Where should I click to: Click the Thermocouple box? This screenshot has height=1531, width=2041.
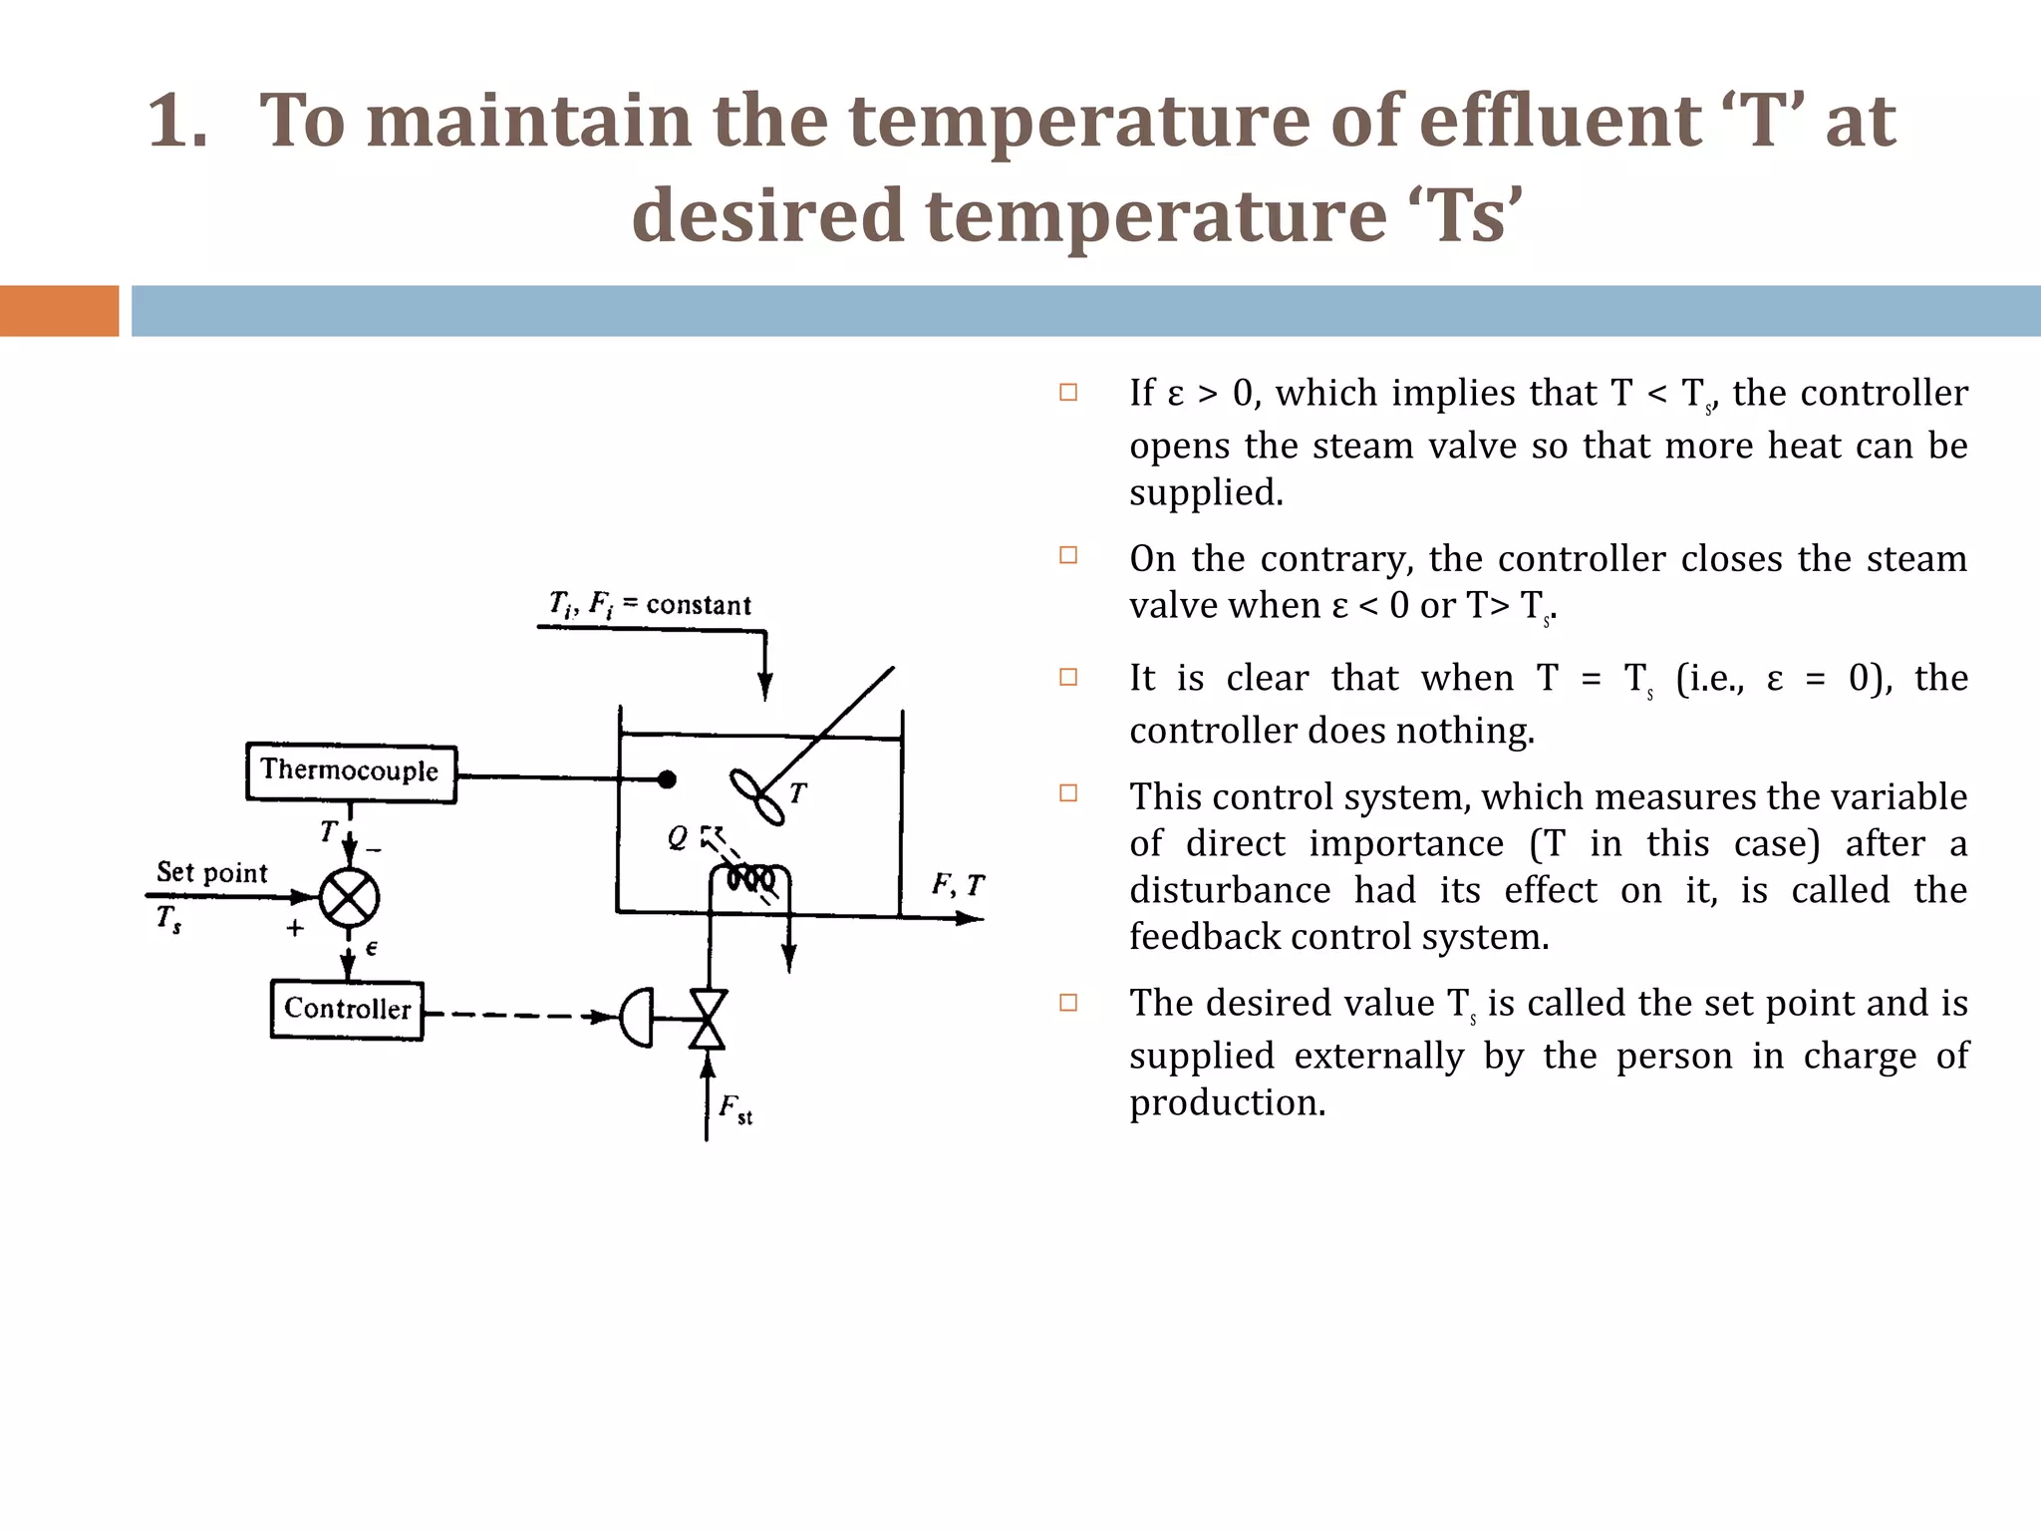click(x=351, y=772)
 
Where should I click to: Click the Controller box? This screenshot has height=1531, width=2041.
click(x=347, y=1010)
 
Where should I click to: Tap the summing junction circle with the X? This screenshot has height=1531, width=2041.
click(x=349, y=897)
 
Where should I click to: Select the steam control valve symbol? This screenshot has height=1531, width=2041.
click(x=708, y=1019)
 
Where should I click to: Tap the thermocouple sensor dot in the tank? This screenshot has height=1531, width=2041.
click(x=667, y=779)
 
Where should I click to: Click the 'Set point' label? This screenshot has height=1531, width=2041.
click(x=212, y=873)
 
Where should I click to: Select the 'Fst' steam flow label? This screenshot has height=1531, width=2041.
click(x=735, y=1108)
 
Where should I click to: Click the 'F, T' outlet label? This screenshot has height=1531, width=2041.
click(x=958, y=885)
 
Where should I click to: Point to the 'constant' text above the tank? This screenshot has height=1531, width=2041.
click(x=699, y=605)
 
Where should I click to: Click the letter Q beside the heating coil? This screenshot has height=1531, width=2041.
click(x=678, y=837)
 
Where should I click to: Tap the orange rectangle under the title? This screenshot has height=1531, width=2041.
click(x=59, y=311)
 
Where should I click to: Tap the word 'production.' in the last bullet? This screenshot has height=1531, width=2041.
click(x=1227, y=1102)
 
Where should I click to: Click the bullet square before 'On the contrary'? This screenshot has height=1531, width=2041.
click(x=1068, y=555)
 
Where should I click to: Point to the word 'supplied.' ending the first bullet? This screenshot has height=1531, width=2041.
click(x=1206, y=492)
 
